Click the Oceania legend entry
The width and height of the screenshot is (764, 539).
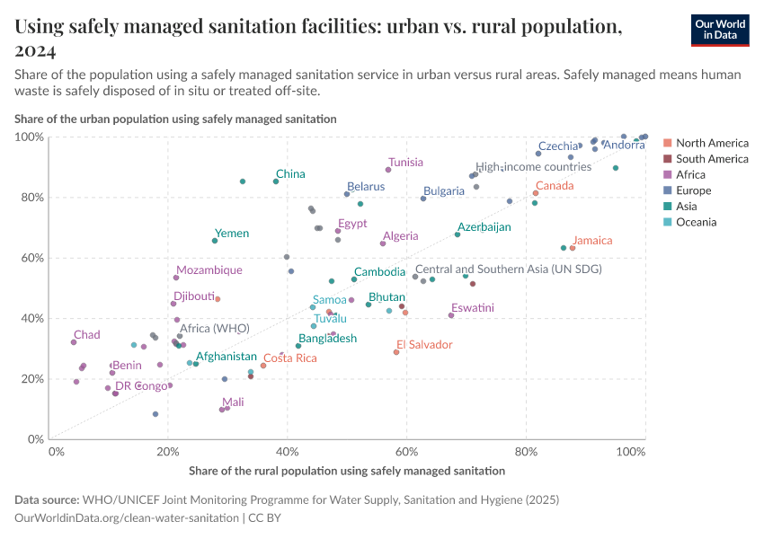(696, 222)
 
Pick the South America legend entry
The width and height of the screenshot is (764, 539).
(712, 159)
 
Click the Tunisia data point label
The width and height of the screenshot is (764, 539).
(405, 163)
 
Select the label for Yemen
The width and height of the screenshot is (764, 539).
(232, 234)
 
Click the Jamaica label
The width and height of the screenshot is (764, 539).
(592, 241)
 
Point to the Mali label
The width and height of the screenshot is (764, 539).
(233, 402)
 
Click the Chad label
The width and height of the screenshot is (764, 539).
(87, 335)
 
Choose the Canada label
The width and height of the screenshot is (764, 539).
(555, 186)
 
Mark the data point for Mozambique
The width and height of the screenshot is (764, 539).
(176, 278)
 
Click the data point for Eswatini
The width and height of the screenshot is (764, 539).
(451, 315)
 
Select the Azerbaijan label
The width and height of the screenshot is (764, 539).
(484, 227)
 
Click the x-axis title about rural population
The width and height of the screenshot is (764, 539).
(347, 470)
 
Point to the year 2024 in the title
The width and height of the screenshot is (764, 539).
(35, 49)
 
